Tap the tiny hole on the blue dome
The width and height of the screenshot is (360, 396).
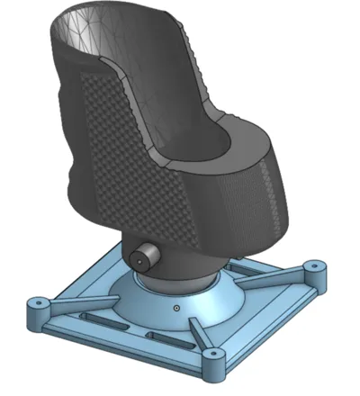tap(178, 309)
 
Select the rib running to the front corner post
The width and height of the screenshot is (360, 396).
tap(202, 339)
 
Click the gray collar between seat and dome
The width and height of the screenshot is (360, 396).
tap(193, 269)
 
